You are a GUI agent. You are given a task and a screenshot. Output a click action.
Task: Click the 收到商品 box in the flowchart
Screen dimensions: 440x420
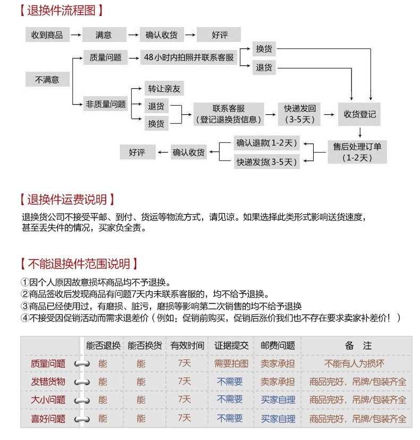pyautogui.click(x=47, y=35)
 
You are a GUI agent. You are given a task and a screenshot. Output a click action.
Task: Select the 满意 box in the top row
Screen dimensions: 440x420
pyautogui.click(x=104, y=35)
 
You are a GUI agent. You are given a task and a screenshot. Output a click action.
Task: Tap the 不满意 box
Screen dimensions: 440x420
pyautogui.click(x=47, y=80)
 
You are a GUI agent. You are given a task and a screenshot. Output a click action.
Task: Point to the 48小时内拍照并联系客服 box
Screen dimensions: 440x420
pyautogui.click(x=189, y=57)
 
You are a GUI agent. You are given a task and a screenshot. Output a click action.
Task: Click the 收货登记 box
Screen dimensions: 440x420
pyautogui.click(x=360, y=114)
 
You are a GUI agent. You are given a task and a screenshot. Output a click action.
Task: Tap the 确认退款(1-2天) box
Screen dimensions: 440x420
pyautogui.click(x=267, y=143)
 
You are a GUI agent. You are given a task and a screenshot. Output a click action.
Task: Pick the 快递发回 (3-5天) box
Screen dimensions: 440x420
pyautogui.click(x=300, y=114)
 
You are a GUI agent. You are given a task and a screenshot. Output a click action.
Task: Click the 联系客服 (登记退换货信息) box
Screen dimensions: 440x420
pyautogui.click(x=229, y=114)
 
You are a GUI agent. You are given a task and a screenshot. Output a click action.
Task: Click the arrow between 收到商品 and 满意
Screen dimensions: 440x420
pyautogui.click(x=75, y=35)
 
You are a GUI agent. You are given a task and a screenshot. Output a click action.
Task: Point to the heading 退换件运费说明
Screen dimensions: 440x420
pyautogui.click(x=66, y=200)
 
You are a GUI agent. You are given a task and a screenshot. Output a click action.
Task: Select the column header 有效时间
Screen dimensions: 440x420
pyautogui.click(x=187, y=345)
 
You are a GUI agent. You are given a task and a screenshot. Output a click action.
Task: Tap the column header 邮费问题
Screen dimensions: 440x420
pyautogui.click(x=278, y=345)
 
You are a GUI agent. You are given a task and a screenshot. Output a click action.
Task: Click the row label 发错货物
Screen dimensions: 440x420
pyautogui.click(x=49, y=382)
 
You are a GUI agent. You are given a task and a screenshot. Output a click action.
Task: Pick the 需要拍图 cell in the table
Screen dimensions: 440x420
pyautogui.click(x=231, y=364)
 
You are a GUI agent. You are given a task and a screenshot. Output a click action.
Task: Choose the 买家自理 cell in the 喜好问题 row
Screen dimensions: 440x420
pyautogui.click(x=278, y=418)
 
